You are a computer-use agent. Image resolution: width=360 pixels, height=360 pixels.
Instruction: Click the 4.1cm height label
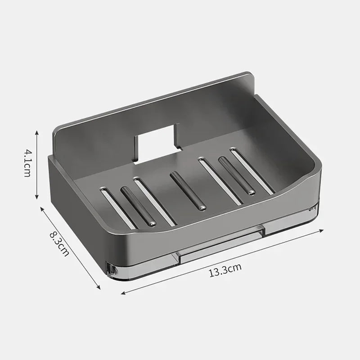pyautogui.click(x=27, y=164)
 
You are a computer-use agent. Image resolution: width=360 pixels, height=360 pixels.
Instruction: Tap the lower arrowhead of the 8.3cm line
pyautogui.click(x=99, y=288)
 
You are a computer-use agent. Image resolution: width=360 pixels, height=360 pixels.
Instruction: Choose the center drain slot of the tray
pyautogui.click(x=188, y=191)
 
